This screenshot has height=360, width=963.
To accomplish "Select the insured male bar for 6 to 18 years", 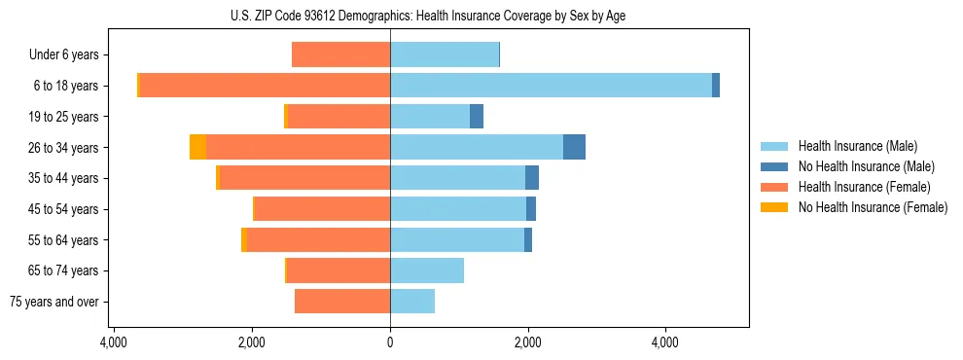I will coord(551,86).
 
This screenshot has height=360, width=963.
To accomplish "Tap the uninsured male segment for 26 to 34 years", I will coord(574,147).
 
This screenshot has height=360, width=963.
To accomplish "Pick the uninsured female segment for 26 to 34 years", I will coord(197,147).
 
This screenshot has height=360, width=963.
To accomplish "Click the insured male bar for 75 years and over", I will coord(412,302).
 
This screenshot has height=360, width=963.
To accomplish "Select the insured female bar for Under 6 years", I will coord(340,54).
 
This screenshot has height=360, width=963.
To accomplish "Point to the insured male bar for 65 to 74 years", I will coord(427,270).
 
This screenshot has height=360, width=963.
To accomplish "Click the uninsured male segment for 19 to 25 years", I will coord(477,117).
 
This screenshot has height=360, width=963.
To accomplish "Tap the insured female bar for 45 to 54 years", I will coord(322,209).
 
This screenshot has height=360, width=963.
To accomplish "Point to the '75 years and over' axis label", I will coord(53,303).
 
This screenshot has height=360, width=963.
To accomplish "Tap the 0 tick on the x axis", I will coord(390,342).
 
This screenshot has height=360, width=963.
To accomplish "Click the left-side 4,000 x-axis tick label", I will coord(114,342).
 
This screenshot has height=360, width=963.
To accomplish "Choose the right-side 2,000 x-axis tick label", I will coord(528,342).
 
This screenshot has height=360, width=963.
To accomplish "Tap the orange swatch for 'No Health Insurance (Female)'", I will coord(775,207).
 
